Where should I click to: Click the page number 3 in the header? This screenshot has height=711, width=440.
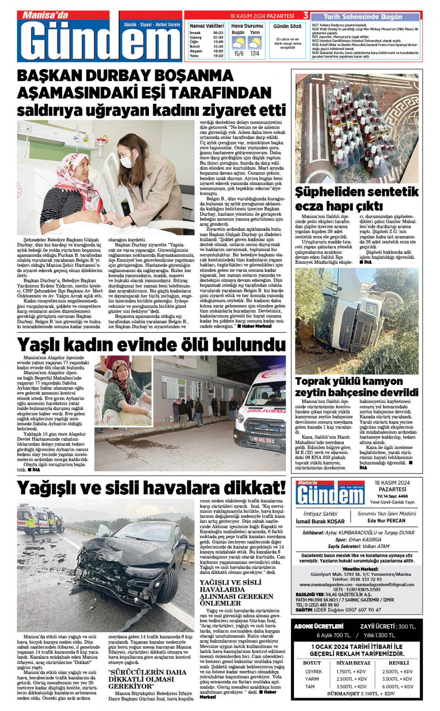305,15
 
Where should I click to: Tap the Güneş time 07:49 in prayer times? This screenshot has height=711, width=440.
218,37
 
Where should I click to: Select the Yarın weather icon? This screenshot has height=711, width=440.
254,43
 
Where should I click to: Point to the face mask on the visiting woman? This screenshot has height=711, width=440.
126,162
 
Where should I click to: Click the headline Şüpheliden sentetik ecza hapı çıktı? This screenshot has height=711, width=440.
356,199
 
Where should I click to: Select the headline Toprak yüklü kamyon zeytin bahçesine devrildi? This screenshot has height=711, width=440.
356,387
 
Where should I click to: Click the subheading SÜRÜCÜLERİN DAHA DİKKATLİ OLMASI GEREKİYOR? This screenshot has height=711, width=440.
147,679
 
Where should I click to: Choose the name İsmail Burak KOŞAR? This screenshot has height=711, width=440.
320,521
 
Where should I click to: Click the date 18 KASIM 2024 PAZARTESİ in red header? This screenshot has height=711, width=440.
262,16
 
